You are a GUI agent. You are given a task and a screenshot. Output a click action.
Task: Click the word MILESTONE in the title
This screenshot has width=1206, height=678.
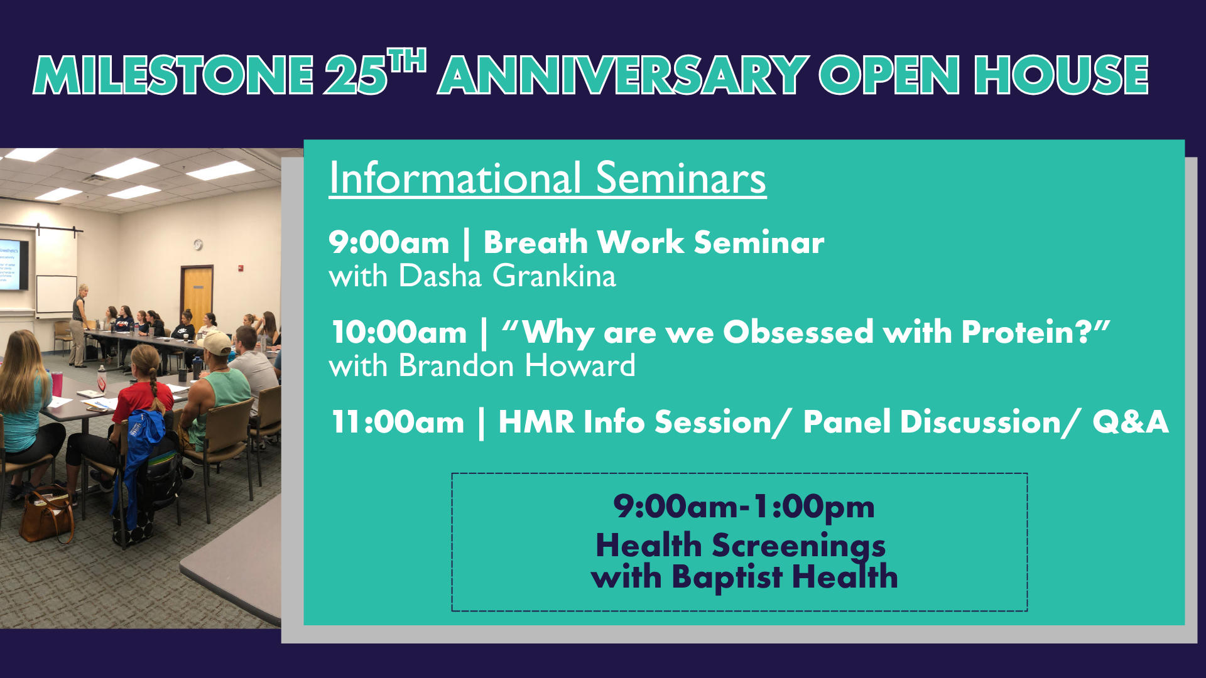(x=173, y=75)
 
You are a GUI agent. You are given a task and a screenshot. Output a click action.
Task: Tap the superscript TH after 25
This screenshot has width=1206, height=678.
(x=407, y=62)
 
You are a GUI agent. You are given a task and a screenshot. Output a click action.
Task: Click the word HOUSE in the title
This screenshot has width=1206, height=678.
(x=1061, y=75)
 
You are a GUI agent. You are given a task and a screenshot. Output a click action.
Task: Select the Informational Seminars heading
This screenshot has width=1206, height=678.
(x=547, y=178)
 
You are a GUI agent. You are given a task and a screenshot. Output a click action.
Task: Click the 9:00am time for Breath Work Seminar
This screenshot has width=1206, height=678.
(x=389, y=243)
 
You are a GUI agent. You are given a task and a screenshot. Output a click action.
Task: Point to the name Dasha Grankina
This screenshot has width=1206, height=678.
(x=507, y=276)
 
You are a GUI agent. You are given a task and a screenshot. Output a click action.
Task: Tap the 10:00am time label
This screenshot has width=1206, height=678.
(x=399, y=333)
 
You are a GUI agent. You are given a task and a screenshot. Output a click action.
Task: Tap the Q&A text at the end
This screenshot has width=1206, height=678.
(x=1130, y=422)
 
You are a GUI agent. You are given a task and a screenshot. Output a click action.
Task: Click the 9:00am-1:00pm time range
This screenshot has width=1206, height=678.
(x=744, y=507)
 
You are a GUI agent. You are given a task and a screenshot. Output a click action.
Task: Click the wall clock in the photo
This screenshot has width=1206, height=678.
(x=198, y=245)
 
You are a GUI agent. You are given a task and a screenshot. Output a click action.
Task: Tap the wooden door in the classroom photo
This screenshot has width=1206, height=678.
(x=197, y=295)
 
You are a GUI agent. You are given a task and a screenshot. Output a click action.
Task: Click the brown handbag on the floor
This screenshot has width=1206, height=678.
(x=47, y=516)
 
